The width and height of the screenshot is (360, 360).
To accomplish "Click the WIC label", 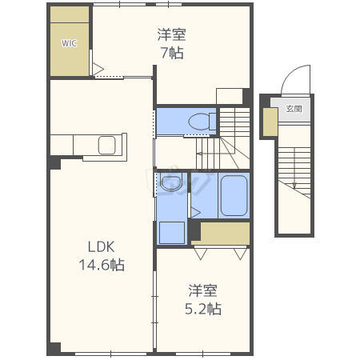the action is coord(69,43).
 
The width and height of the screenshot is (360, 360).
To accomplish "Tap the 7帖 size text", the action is coord(172,53).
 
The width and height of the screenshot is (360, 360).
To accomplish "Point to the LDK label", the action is coord(102,247).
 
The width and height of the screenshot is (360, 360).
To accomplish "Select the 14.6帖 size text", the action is coord(102,265).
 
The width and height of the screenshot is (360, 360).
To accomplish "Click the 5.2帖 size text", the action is coord(203,309).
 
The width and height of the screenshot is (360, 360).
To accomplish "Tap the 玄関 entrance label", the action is coord(294,109).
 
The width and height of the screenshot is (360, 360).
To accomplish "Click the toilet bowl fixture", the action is coord(202,122).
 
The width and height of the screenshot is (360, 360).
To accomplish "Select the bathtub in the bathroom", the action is coord(234,195).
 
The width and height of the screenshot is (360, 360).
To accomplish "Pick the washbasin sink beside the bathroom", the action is coord(171,182).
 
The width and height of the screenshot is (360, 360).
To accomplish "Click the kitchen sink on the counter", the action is coord(107,146).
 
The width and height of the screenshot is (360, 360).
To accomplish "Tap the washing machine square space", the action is coord(172,233).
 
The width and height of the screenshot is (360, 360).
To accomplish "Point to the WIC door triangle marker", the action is coord(98,69).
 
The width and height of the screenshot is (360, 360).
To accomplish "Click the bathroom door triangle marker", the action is coord(195,213).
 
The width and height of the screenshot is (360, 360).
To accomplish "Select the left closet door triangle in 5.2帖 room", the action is coord(201,254).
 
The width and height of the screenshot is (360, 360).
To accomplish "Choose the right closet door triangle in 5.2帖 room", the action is coord(240,254).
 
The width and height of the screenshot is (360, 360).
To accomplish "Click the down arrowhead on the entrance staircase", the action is coord(294,186).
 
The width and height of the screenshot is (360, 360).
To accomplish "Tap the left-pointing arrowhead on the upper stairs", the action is coord(199,154).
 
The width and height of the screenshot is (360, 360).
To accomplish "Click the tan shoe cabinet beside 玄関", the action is coord(270,122).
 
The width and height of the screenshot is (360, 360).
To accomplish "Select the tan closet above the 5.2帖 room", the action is coord(223,234).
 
